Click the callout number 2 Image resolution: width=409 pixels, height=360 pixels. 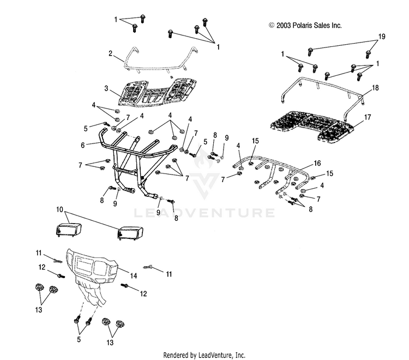click(x=110, y=53)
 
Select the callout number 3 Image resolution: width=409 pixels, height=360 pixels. click(x=106, y=88)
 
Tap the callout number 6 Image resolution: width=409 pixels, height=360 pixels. click(x=83, y=145)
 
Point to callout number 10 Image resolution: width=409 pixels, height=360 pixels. click(x=60, y=209)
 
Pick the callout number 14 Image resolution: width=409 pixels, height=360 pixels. click(x=134, y=275)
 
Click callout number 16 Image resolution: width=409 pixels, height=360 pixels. click(x=317, y=163)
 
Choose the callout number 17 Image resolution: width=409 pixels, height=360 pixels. click(x=367, y=117)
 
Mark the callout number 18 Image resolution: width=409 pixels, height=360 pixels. click(x=375, y=88)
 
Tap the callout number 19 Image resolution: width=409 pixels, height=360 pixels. click(x=382, y=37)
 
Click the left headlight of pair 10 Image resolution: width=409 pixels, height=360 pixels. click(x=69, y=230)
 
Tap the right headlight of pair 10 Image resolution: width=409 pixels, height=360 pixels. click(x=130, y=233)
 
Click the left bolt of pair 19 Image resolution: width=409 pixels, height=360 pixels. click(x=310, y=52)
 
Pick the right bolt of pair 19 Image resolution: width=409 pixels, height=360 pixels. click(x=368, y=54)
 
